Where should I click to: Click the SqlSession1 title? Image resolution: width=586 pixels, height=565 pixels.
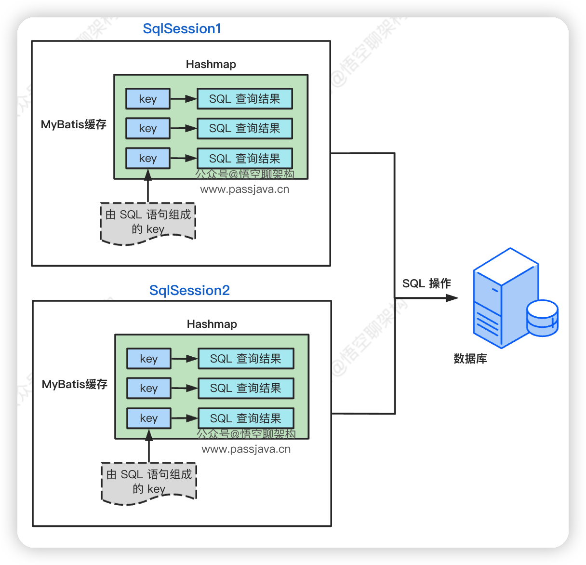point(182,29)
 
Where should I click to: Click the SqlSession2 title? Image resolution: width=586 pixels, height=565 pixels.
point(189,290)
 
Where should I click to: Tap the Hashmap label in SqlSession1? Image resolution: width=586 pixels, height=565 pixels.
point(211,64)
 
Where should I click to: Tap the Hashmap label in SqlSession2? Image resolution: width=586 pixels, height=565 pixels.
point(212,324)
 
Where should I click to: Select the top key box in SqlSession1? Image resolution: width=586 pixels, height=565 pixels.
point(148,99)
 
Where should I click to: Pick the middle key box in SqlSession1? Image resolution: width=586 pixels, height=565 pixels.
point(148,128)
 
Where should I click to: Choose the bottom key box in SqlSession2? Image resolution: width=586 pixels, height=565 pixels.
point(149,418)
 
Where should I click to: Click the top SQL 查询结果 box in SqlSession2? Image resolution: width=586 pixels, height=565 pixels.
point(246,359)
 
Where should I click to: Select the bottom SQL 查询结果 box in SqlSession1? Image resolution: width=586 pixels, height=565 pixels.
point(245,158)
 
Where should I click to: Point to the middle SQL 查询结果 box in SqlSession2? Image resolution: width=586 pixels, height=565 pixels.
point(246,388)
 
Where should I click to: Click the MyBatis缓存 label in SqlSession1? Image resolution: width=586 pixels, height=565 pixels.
point(73,124)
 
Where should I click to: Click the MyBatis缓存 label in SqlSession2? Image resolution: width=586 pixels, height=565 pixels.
point(74,384)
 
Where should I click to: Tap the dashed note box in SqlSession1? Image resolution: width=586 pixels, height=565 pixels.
point(148,222)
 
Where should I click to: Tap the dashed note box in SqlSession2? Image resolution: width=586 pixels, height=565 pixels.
point(149,482)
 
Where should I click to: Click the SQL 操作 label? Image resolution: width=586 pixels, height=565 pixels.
point(426,283)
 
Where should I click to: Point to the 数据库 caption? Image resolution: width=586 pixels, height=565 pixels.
point(470,359)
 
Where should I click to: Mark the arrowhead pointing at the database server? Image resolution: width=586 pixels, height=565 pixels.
point(452,298)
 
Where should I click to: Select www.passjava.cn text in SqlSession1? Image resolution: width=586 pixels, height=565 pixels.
point(245,189)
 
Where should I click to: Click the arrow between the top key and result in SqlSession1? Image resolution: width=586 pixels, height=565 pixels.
point(184,99)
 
